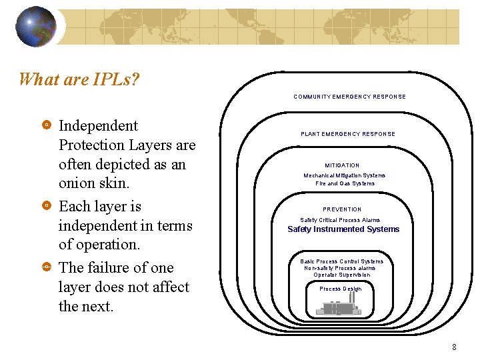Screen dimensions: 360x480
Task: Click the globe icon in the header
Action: (x=35, y=27)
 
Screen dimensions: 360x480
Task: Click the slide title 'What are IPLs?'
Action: (x=79, y=80)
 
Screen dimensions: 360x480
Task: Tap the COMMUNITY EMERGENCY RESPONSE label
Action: (x=349, y=97)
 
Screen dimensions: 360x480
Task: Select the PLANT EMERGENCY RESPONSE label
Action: (x=348, y=134)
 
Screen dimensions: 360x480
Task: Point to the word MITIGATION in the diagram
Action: (x=342, y=165)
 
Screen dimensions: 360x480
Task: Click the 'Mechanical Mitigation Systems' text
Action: (x=344, y=176)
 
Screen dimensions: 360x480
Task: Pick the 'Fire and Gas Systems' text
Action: (x=345, y=183)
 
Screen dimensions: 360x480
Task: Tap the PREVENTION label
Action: (x=342, y=209)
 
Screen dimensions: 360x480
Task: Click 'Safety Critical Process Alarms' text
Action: (x=340, y=220)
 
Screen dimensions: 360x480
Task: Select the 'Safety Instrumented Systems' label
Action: (x=343, y=229)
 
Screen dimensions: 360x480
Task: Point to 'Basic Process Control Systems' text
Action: (x=341, y=261)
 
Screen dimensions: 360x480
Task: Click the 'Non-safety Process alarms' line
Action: (x=340, y=268)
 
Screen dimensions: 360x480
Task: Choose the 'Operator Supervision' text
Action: (x=341, y=275)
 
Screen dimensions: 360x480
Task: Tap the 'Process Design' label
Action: (x=340, y=289)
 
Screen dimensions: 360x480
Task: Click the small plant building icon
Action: (x=340, y=307)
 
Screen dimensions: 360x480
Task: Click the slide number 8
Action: (x=454, y=347)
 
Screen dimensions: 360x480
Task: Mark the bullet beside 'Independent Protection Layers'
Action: (x=47, y=125)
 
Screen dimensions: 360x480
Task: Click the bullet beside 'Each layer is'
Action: (x=47, y=206)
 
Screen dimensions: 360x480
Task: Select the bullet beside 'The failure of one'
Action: (x=47, y=267)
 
